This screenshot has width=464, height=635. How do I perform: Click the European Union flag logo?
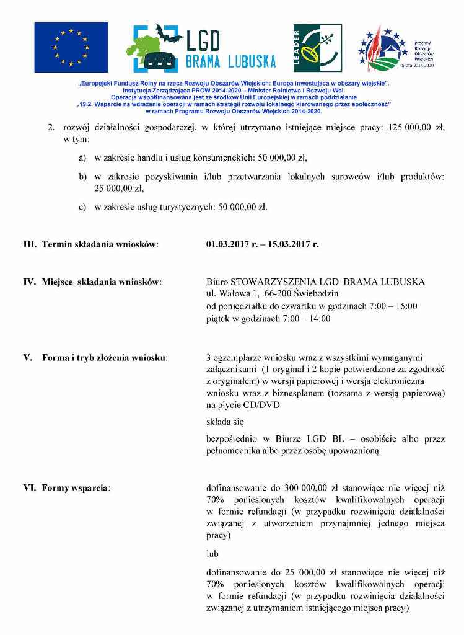coord(71,47)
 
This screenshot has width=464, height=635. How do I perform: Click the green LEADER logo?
coord(317,48)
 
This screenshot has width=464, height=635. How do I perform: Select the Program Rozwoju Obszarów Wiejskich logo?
coord(396,48)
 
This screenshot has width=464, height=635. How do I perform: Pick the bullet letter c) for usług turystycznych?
coord(82,207)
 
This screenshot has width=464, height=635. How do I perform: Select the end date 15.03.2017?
coord(294,244)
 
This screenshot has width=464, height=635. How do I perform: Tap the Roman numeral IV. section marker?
coord(30,282)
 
